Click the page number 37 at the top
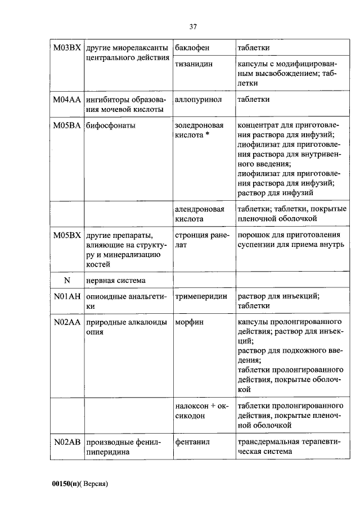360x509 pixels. tap(192, 26)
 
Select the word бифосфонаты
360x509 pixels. tap(111, 125)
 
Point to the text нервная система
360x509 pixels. tap(115, 280)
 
